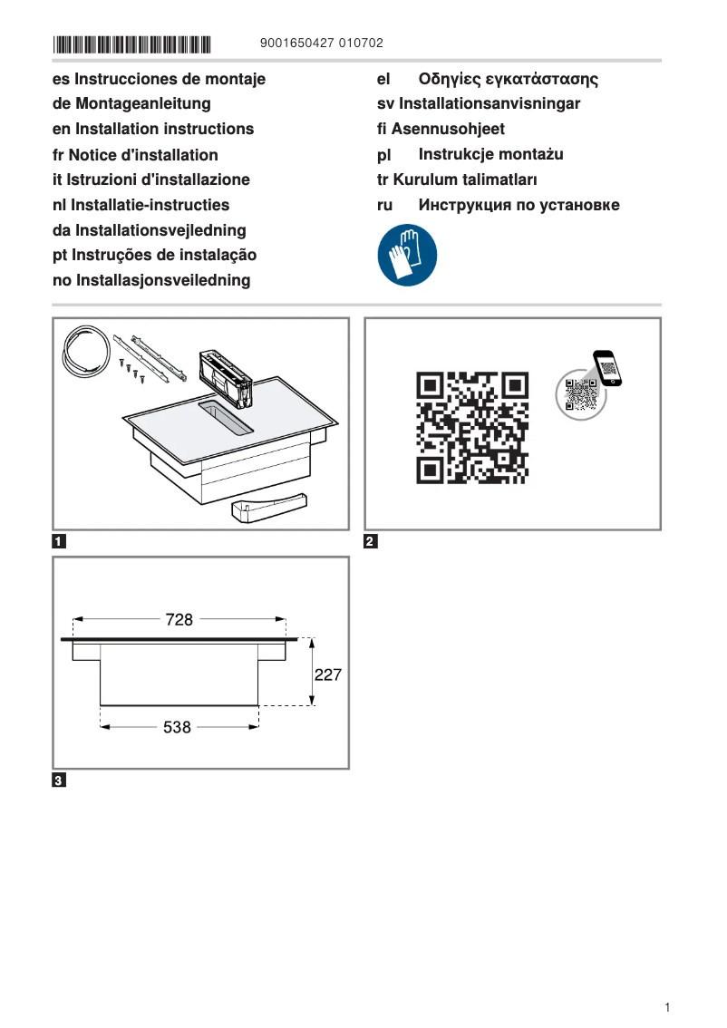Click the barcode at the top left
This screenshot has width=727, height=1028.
(x=131, y=44)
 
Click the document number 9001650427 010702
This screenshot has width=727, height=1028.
(x=321, y=44)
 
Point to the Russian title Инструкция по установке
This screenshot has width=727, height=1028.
(x=519, y=205)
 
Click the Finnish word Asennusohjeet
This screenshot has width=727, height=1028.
(x=448, y=130)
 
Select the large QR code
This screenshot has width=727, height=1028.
(x=471, y=426)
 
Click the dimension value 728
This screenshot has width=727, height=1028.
(x=179, y=620)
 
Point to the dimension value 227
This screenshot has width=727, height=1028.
(x=328, y=675)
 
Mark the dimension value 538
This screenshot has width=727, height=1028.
(x=178, y=727)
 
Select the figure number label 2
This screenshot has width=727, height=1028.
(x=370, y=543)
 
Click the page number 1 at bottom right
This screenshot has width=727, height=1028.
(x=666, y=1008)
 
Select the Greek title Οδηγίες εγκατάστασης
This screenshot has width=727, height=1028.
(x=508, y=80)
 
